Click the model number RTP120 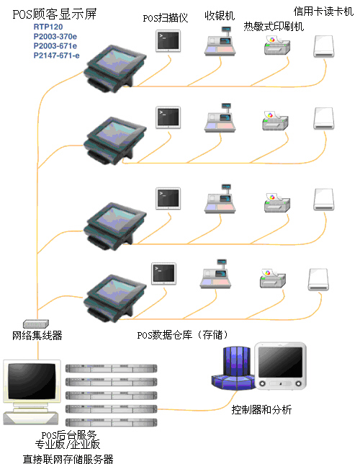point(48,27)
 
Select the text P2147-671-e point(56,55)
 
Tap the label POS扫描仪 point(166,18)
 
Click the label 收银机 point(220,15)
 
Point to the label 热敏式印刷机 point(274,27)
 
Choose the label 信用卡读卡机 point(323,12)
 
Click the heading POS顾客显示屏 point(55,14)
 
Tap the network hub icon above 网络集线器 point(36,324)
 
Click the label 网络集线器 point(37,335)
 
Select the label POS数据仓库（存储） point(182,335)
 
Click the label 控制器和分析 point(261,409)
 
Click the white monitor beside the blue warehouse point(280,366)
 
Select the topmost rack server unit point(111,368)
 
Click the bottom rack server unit point(111,422)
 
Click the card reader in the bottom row point(318,280)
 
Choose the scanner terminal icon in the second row point(168,117)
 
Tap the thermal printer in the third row point(277,202)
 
